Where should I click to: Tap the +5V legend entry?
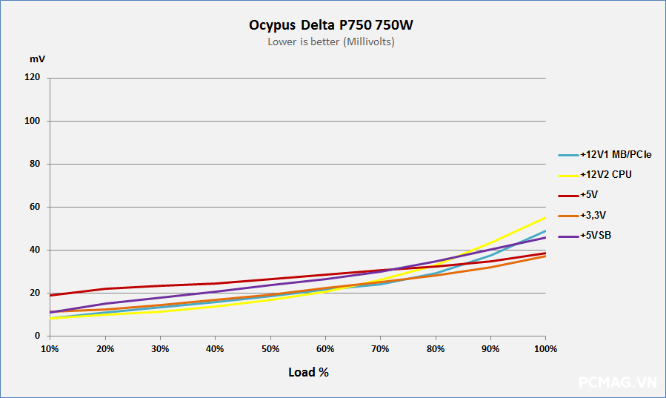pos(590,195)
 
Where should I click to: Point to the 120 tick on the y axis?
pos(33,78)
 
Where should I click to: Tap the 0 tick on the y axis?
pos(37,336)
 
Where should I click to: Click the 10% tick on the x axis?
pos(50,348)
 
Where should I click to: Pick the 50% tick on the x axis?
pos(270,348)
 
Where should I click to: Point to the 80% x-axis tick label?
pos(436,348)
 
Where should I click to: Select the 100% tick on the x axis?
pos(545,348)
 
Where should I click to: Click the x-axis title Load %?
pos(308,372)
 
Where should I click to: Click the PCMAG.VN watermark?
pos(617,382)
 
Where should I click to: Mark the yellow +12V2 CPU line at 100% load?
pos(545,217)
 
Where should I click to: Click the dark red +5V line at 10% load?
pos(50,295)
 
